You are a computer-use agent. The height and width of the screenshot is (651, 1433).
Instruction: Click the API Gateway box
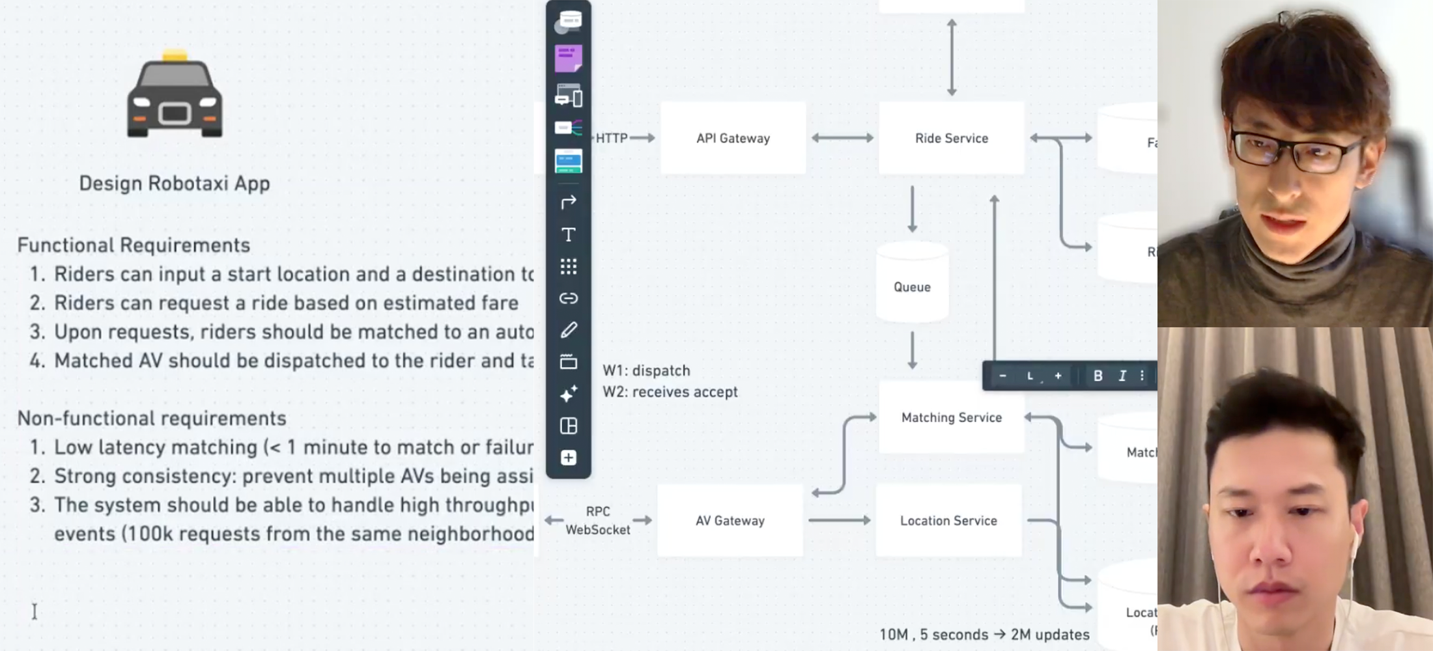733,138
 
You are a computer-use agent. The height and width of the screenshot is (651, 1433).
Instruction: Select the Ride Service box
951,138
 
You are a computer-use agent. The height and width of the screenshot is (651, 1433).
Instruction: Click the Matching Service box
951,417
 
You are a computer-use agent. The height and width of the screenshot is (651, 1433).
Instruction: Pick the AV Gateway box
730,520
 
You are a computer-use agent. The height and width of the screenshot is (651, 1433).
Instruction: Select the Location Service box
948,520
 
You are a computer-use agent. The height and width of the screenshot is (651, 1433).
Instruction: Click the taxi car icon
175,94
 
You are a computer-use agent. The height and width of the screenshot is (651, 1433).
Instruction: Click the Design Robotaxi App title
175,184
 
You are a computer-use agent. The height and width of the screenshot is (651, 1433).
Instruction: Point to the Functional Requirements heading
134,245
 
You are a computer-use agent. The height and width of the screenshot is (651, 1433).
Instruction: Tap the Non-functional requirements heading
152,419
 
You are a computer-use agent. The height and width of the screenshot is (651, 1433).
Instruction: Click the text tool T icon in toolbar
569,234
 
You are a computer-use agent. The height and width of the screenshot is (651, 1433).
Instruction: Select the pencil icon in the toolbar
569,330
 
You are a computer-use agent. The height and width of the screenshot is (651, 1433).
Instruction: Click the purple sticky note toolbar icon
568,59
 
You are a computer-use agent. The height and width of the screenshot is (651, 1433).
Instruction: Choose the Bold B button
1098,376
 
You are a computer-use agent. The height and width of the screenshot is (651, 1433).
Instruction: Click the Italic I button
1122,376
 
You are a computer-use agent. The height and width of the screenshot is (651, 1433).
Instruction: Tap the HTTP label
612,138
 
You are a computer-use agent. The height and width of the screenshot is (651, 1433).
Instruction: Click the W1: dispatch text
646,370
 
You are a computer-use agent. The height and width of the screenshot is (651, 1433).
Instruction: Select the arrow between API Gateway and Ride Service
842,138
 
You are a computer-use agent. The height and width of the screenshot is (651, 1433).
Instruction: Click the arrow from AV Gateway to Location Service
839,520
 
